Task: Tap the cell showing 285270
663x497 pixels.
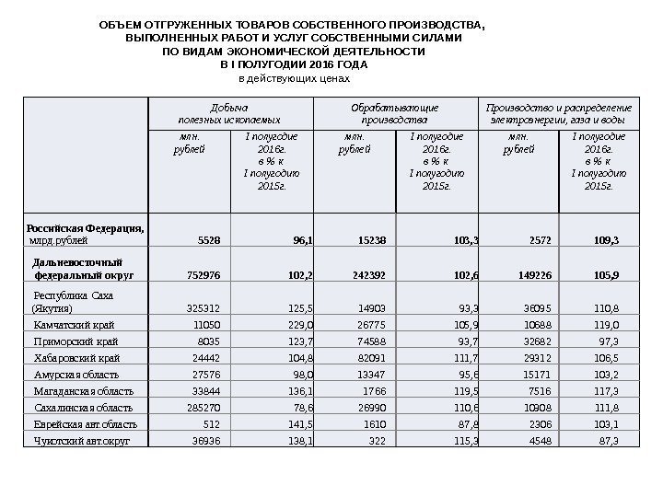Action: pos(202,408)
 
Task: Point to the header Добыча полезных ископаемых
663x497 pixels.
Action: pos(228,113)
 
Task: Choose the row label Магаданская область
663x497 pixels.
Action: pos(84,391)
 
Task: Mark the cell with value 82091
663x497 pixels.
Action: pos(366,358)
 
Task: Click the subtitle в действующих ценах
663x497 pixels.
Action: pos(295,79)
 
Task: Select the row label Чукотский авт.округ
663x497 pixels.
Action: pos(82,441)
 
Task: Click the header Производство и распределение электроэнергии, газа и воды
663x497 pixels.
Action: pos(559,113)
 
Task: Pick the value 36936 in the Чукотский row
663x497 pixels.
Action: pos(204,441)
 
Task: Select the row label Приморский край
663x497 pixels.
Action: pos(73,341)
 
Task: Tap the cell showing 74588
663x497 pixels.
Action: pos(366,341)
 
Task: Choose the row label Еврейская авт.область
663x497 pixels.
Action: pos(86,424)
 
